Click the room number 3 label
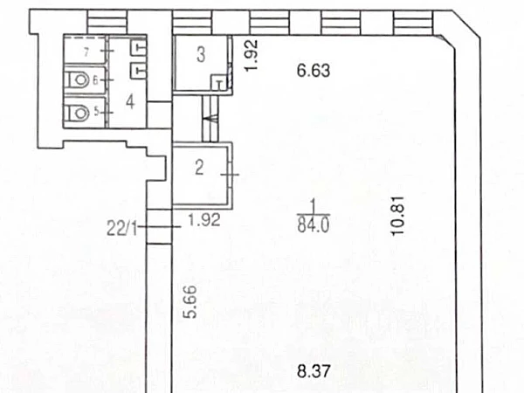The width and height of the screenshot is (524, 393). (200, 56)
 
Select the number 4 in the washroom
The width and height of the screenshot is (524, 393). (129, 101)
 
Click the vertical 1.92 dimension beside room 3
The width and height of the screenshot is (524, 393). (248, 57)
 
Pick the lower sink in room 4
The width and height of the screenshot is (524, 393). (137, 68)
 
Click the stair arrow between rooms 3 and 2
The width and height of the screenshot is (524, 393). (207, 112)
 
